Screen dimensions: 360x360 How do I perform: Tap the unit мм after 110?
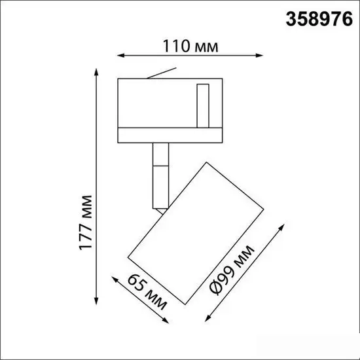pyautogui.click(x=202, y=46)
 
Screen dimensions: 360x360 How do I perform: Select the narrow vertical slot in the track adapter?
pyautogui.click(x=202, y=104)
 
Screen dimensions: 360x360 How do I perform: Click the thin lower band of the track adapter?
pyautogui.click(x=170, y=136)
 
